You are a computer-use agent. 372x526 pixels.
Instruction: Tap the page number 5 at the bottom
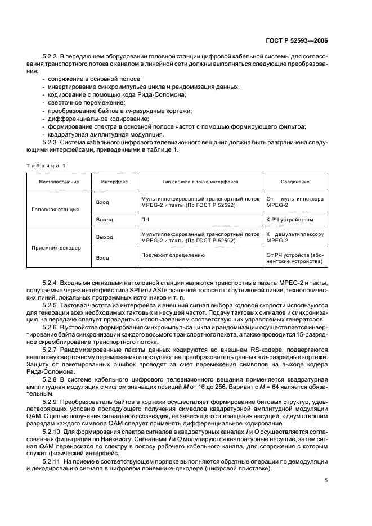[326, 480]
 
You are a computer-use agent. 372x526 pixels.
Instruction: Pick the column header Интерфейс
[114, 182]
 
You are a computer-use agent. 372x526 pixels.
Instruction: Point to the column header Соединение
[295, 182]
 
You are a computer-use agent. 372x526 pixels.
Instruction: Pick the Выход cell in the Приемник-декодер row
[105, 237]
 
